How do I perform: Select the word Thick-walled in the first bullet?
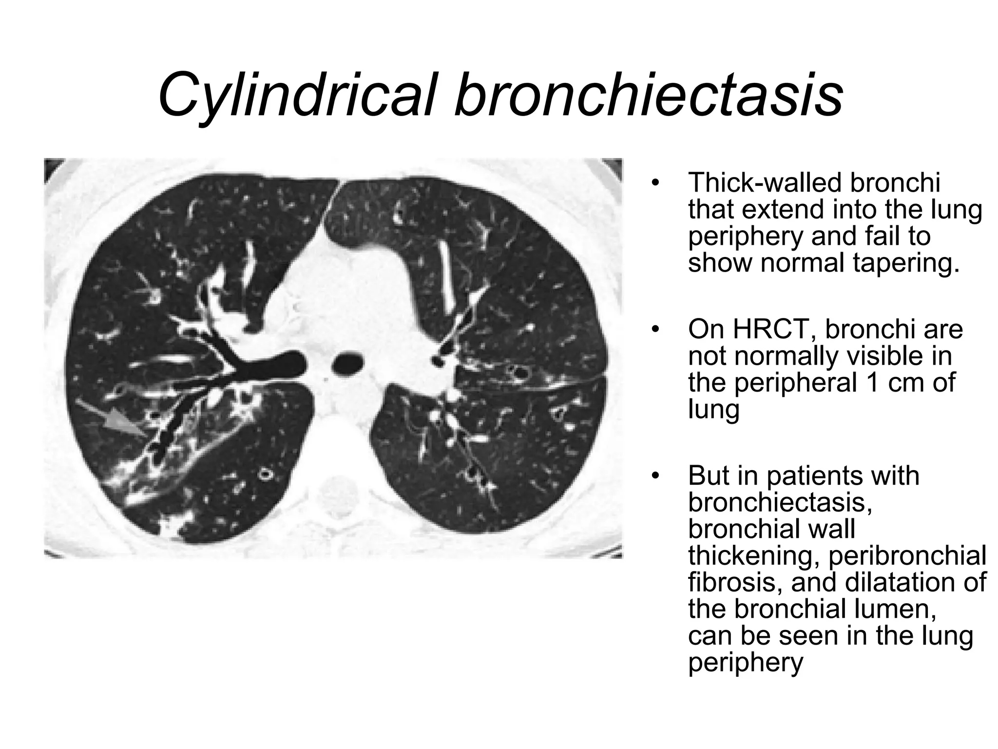coord(765,183)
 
